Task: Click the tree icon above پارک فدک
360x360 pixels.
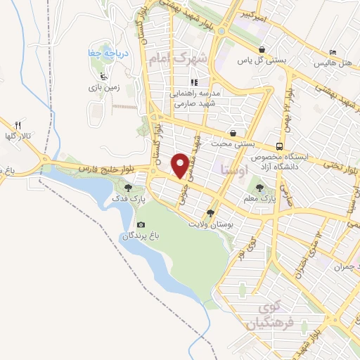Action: pos(128,188)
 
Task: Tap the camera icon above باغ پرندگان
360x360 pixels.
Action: pos(140,225)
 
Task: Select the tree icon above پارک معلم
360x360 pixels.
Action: pos(260,188)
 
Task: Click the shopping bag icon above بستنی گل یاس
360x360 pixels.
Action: pos(262,50)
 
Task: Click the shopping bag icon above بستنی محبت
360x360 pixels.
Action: pos(232,133)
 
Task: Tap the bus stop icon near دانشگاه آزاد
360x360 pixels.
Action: pos(280,146)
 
